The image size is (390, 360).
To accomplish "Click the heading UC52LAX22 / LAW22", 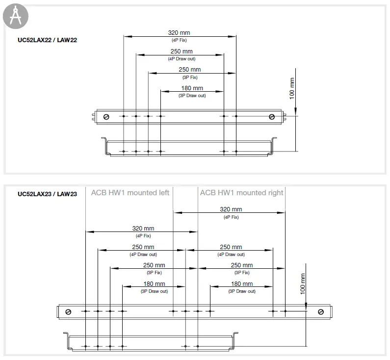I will (47, 40).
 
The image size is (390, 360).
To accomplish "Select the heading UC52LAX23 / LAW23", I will (47, 194).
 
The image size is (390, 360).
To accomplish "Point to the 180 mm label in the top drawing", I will (192, 89).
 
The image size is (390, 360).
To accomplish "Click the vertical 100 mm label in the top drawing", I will (292, 89).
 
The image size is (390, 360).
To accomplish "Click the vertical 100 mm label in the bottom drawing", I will (302, 284).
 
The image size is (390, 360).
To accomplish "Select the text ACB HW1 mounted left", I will (130, 193).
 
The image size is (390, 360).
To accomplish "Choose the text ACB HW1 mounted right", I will (241, 193).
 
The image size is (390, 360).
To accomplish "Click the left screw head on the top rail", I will (107, 116).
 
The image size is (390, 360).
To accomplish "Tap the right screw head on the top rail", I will (272, 116).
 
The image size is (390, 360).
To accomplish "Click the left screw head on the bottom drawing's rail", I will (69, 311).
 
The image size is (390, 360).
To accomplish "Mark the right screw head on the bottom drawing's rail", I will (321, 311).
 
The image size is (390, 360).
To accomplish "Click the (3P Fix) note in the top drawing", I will (189, 77).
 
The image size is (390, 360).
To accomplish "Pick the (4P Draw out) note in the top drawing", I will (182, 59).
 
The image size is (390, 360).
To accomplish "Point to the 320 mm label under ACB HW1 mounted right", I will (231, 209).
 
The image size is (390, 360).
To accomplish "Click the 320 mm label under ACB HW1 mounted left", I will (143, 229).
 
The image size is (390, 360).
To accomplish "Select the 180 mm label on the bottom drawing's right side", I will (242, 284).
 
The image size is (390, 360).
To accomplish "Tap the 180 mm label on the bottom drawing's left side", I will (154, 284).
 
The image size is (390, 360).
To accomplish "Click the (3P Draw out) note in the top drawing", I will (192, 96).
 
